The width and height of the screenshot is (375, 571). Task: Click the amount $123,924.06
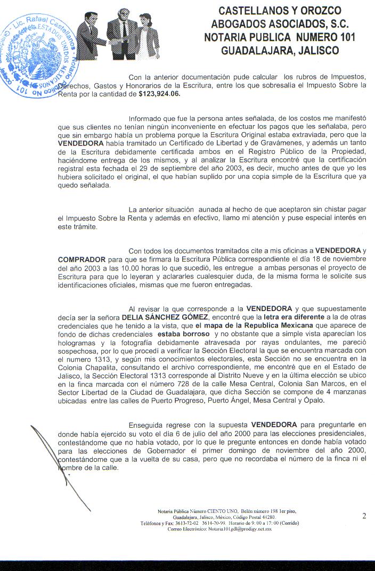(159, 94)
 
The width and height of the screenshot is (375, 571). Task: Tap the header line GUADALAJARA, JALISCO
(280, 51)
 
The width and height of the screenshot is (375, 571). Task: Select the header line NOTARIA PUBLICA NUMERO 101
(280, 37)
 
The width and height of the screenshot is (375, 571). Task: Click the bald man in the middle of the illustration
(122, 33)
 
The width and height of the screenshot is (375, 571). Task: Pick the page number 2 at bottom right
(364, 516)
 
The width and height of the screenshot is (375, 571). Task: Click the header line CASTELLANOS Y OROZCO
(280, 11)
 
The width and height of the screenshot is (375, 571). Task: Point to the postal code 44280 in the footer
(266, 517)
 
